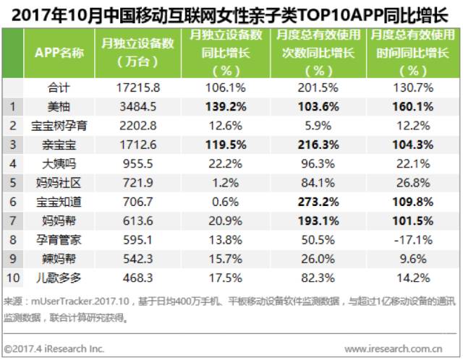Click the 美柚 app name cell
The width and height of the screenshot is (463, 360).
[x=59, y=106]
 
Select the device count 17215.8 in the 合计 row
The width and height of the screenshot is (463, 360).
[x=138, y=87]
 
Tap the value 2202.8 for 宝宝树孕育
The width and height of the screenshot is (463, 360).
[x=138, y=126]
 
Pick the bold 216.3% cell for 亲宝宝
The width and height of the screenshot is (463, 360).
[x=318, y=145]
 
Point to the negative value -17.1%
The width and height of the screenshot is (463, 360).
[x=413, y=240]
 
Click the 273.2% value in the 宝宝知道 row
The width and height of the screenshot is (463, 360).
[x=318, y=202]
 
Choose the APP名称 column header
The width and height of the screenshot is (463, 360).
[x=59, y=53]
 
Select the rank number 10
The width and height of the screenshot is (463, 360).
[x=13, y=278]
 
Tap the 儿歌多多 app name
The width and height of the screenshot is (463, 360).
[x=59, y=278]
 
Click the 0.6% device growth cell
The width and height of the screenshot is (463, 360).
[x=225, y=202]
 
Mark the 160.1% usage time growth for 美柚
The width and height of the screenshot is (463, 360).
[x=413, y=106]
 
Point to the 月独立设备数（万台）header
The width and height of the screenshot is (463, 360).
[x=137, y=53]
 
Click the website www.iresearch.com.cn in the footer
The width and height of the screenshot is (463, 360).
[x=394, y=348]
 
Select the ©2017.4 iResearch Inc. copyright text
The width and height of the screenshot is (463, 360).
[x=54, y=348]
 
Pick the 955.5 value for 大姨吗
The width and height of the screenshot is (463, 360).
[x=138, y=164]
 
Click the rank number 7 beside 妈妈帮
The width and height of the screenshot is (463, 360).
[x=13, y=220]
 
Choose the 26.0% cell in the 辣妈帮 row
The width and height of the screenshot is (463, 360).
[x=318, y=259]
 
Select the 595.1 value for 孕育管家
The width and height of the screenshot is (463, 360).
[x=138, y=240]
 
